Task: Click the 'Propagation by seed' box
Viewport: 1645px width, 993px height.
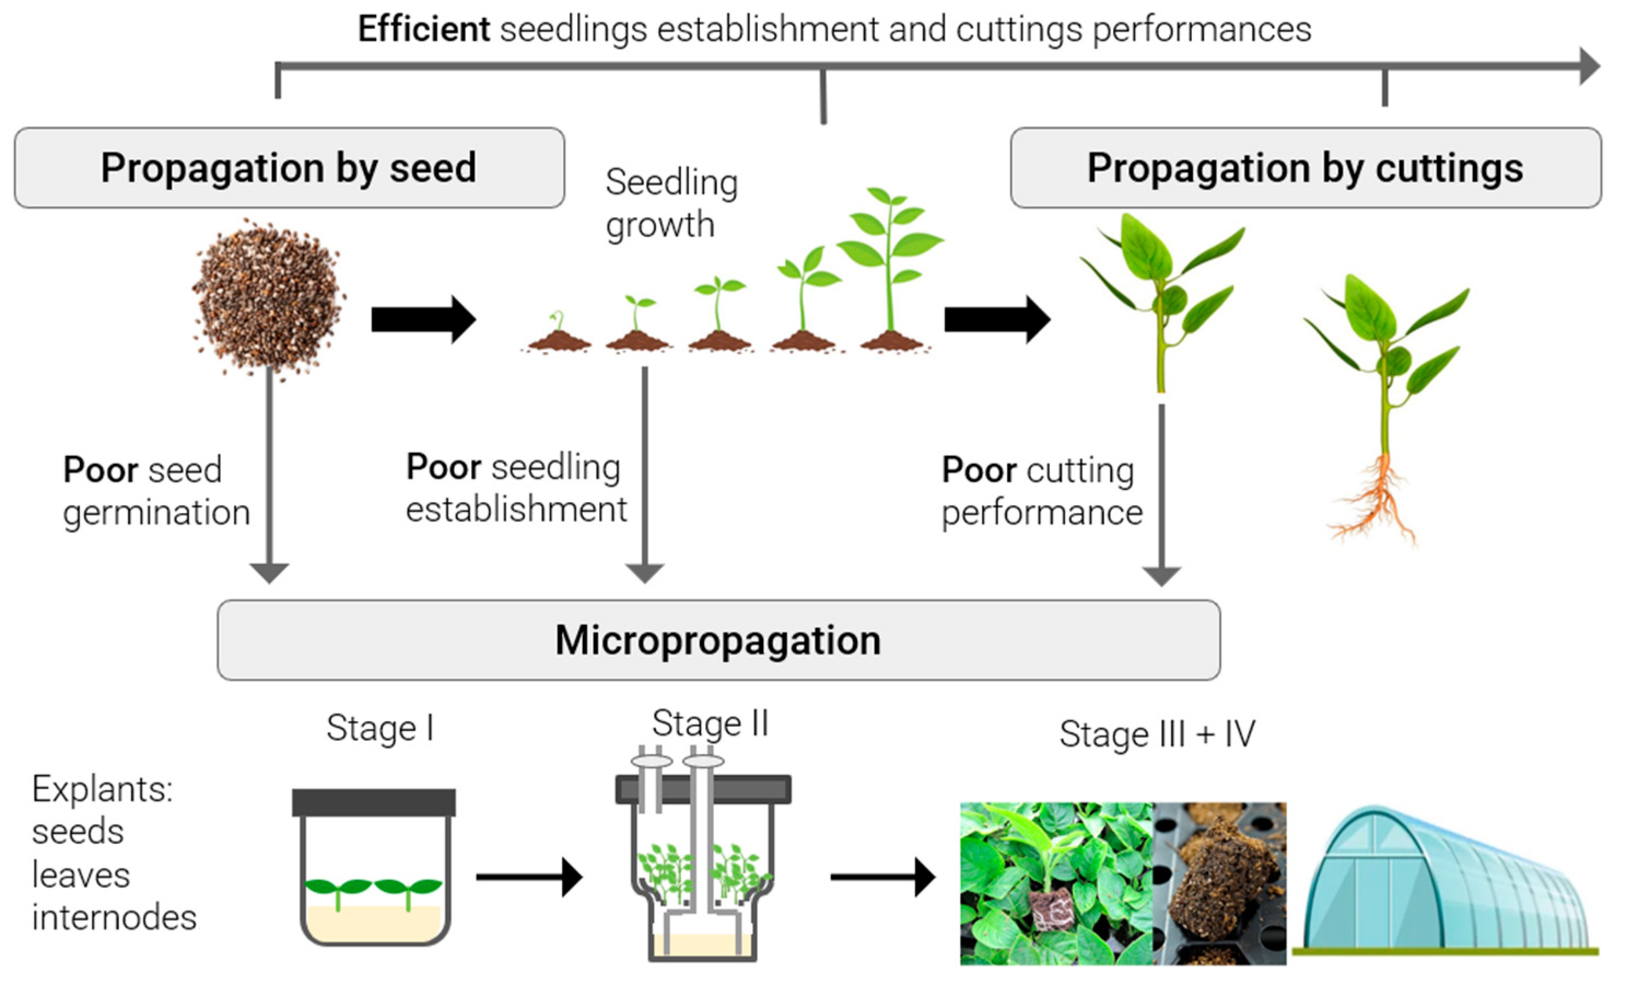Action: pos(289,168)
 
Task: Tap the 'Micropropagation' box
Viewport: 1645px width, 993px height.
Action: pos(718,640)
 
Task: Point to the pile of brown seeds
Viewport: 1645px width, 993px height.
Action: pos(268,299)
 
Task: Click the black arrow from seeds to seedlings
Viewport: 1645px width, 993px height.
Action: pos(423,319)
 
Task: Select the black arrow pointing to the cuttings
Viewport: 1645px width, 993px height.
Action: pos(997,319)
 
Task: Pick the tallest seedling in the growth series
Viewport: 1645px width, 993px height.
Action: pos(891,268)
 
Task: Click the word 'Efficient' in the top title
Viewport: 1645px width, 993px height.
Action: pos(423,29)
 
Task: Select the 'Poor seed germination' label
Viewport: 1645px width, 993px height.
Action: pos(156,491)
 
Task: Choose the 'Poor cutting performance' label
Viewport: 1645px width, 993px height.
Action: pos(1041,492)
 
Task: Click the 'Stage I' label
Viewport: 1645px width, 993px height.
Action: pos(380,728)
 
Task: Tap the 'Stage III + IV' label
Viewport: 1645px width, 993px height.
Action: pos(1157,734)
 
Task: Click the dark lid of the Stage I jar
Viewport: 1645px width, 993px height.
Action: pos(374,802)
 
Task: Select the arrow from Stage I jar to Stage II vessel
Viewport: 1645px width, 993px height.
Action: pos(529,877)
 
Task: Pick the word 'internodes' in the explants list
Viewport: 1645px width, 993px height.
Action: pos(114,917)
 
